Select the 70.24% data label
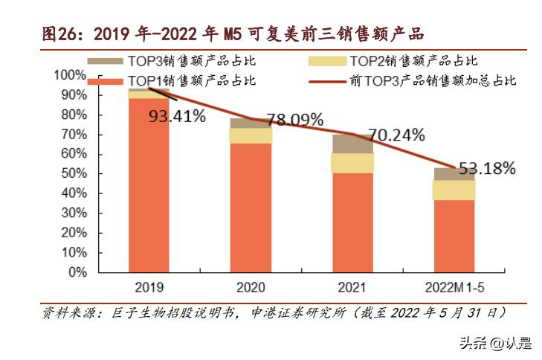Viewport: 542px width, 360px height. point(394,135)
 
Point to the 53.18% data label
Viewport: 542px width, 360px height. point(485,169)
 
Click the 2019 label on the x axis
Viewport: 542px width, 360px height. point(149,286)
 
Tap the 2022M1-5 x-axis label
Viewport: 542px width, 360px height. point(454,286)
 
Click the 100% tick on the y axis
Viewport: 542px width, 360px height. point(71,75)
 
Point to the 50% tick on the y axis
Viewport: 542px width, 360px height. point(74,173)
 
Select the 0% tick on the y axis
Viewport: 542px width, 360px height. point(77,272)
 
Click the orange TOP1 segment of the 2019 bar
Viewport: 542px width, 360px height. point(149,186)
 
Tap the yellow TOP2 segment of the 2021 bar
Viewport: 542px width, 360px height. point(352,163)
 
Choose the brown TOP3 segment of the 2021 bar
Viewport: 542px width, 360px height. point(352,144)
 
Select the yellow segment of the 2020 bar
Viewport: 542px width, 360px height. point(251,135)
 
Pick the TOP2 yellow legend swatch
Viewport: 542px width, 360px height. point(327,60)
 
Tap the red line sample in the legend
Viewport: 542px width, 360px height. point(327,80)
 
